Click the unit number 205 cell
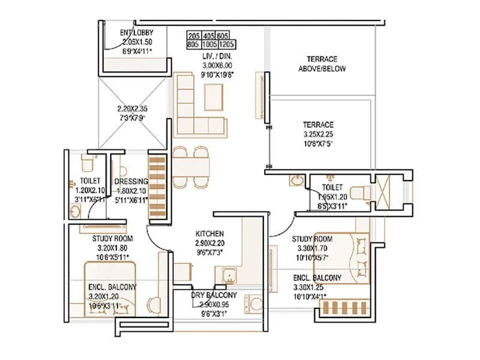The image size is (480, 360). [194, 35]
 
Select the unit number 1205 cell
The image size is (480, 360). [227, 44]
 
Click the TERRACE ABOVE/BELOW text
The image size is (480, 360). [322, 64]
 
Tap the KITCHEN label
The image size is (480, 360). [210, 233]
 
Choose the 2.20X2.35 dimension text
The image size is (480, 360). [133, 110]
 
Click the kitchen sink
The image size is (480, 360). [229, 276]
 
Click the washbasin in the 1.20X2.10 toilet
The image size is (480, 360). [75, 211]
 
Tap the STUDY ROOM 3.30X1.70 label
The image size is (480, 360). [312, 239]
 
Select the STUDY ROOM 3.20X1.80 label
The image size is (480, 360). [112, 238]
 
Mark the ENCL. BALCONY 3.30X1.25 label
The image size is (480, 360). [317, 278]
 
